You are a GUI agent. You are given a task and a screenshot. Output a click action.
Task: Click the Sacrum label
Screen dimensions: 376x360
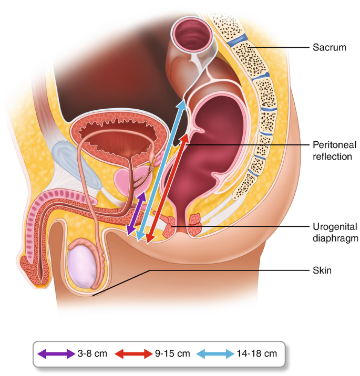[x=330, y=47]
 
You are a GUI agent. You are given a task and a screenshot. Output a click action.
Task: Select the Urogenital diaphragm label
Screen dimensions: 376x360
[x=335, y=233]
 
